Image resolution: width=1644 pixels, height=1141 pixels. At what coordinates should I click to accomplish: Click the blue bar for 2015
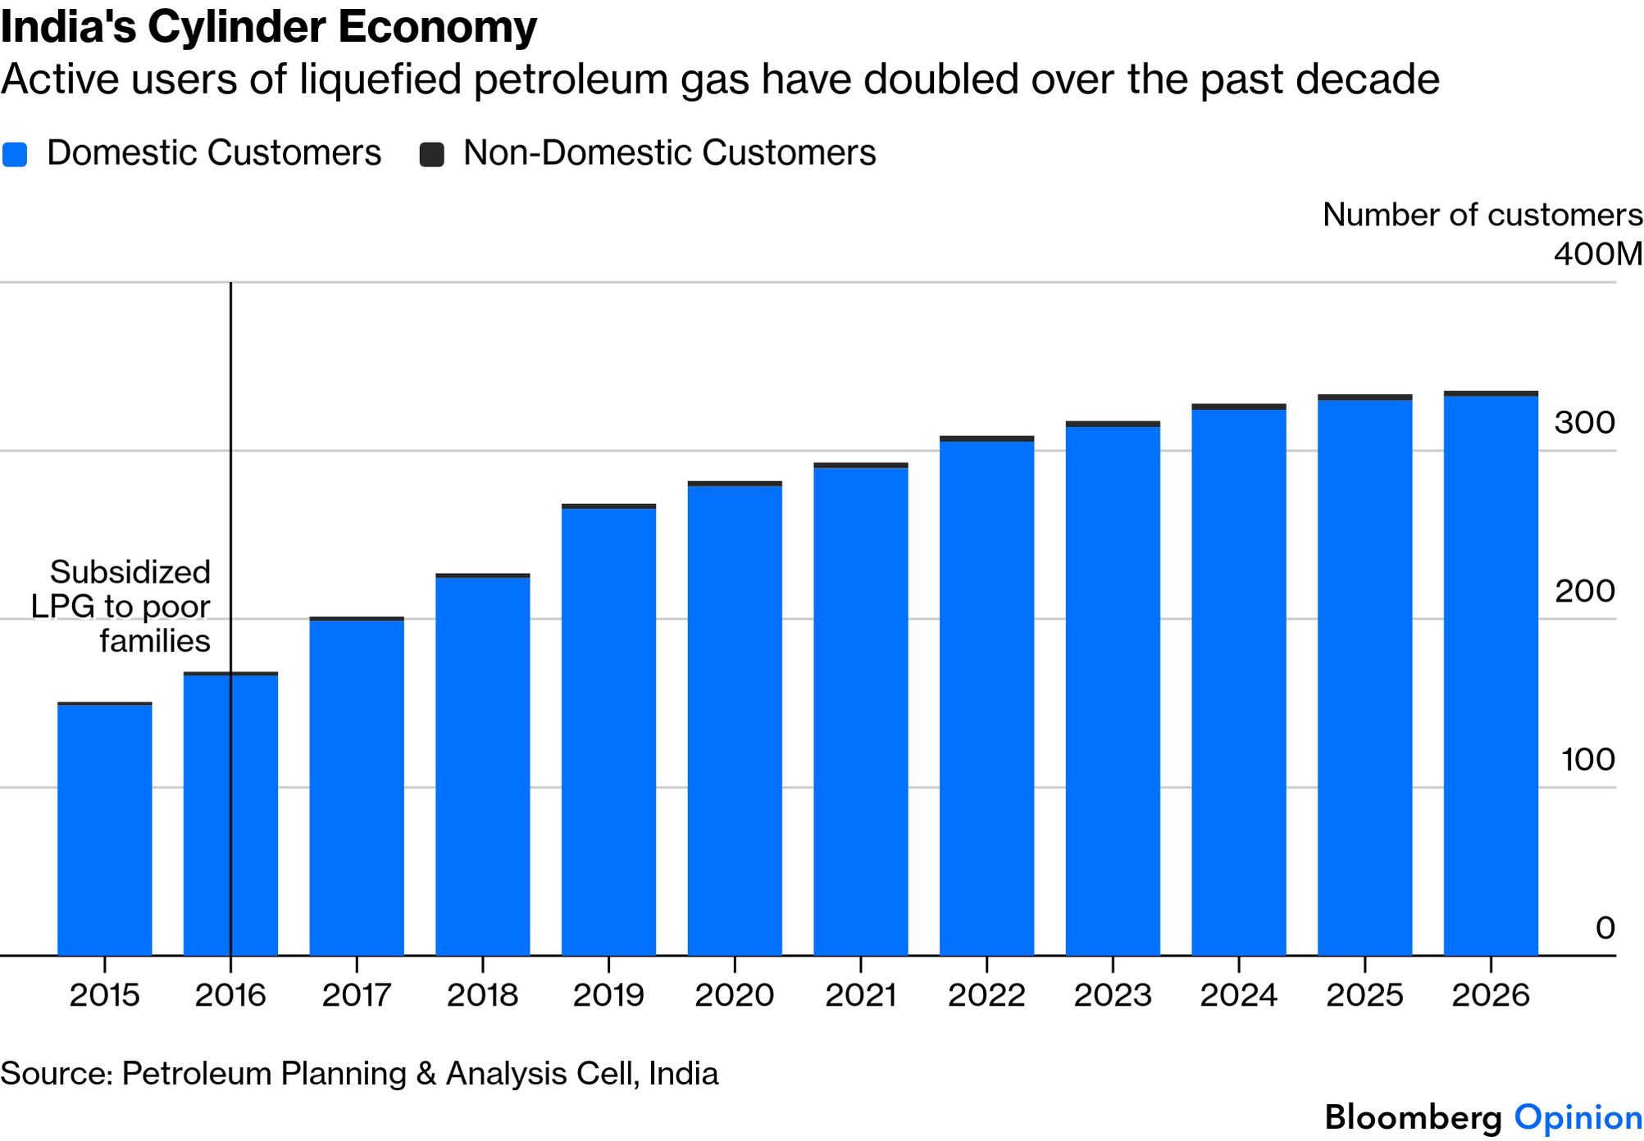[x=104, y=830]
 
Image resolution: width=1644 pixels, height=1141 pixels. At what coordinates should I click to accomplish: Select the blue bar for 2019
[x=608, y=731]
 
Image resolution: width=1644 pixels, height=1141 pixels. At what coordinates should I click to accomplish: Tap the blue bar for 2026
[x=1491, y=675]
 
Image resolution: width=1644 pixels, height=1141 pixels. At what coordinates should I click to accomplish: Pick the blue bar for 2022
[x=986, y=698]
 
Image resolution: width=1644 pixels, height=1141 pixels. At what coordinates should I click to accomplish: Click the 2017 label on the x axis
[x=357, y=995]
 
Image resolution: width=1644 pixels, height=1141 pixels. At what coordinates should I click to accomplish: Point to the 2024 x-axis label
[x=1239, y=995]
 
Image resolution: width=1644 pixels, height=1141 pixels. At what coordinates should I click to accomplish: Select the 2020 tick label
[x=735, y=995]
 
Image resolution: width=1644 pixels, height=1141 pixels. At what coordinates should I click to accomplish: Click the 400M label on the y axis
[x=1597, y=254]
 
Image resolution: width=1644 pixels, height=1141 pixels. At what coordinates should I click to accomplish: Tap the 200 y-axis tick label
[x=1584, y=591]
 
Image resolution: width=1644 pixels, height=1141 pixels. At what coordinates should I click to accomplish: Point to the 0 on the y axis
[x=1605, y=928]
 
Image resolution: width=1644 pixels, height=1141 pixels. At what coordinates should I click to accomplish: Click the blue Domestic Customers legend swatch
[x=15, y=154]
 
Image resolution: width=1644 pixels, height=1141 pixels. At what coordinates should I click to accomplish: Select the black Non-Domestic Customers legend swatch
[x=431, y=154]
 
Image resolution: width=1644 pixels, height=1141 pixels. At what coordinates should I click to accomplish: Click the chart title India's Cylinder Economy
[x=269, y=27]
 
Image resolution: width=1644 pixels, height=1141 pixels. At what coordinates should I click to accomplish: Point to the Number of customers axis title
[x=1482, y=215]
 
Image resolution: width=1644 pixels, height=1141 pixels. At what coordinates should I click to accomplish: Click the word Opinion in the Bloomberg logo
[x=1578, y=1117]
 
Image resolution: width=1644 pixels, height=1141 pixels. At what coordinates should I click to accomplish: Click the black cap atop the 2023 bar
[x=1113, y=424]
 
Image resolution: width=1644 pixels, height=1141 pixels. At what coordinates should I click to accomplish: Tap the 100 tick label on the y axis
[x=1587, y=760]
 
